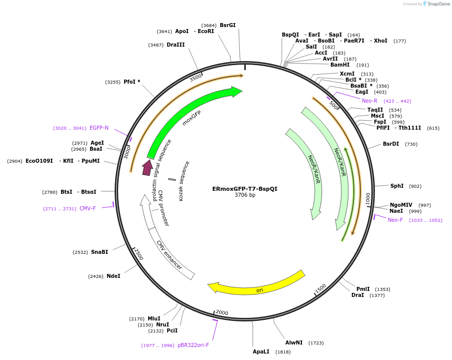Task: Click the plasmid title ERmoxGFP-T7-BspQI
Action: click(x=245, y=189)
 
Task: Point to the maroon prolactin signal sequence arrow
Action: click(x=147, y=167)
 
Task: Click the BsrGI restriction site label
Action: click(x=228, y=25)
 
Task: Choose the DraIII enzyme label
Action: click(x=176, y=45)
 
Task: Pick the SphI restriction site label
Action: click(x=397, y=186)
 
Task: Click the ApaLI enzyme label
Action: click(x=261, y=351)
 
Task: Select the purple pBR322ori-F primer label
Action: click(x=193, y=345)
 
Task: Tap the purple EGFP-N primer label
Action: click(x=99, y=128)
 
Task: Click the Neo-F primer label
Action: click(x=395, y=220)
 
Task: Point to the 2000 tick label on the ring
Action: click(x=222, y=313)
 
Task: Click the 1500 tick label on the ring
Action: click(x=320, y=288)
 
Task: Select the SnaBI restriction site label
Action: click(x=100, y=252)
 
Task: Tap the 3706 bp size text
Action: click(x=245, y=195)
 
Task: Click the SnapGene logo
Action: click(x=436, y=4)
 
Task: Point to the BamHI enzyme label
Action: click(x=340, y=65)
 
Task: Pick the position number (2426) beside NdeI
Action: click(x=96, y=276)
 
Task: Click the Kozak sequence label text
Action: click(x=184, y=181)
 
